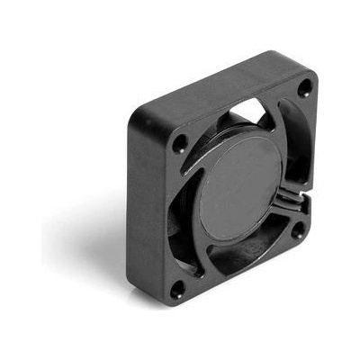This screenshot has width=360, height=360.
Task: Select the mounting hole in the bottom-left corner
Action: pos(178,289)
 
